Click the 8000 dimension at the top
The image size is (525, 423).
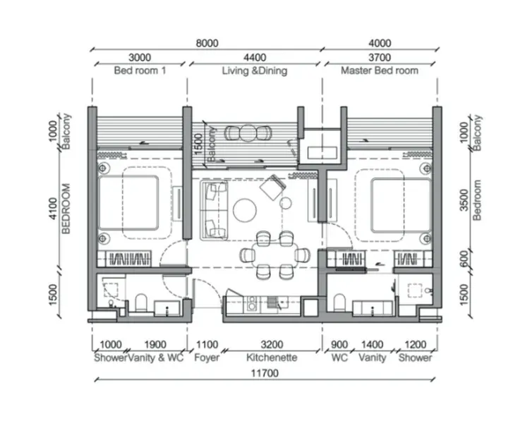pos(207,43)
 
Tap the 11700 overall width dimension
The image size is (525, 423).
pos(265,373)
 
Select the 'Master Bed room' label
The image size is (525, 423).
pos(380,70)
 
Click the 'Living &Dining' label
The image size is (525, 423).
pos(255,70)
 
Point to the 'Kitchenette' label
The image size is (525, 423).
pos(272,357)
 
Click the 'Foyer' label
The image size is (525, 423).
pos(207,357)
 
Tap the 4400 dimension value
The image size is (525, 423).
pos(255,58)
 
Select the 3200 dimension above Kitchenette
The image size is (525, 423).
pos(272,345)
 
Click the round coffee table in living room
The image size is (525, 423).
pos(245,210)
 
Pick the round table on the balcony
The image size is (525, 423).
pos(248,133)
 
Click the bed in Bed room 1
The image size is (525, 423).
pos(128,203)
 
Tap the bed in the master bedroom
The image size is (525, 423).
pos(401,206)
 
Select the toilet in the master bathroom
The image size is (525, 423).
pos(339,302)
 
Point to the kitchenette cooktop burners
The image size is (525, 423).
pos(252,302)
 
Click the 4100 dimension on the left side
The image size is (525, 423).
pos(53,208)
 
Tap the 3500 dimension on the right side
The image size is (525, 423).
pos(464,200)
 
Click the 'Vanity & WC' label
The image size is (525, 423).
pos(156,357)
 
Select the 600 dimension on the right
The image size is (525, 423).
pos(464,259)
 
